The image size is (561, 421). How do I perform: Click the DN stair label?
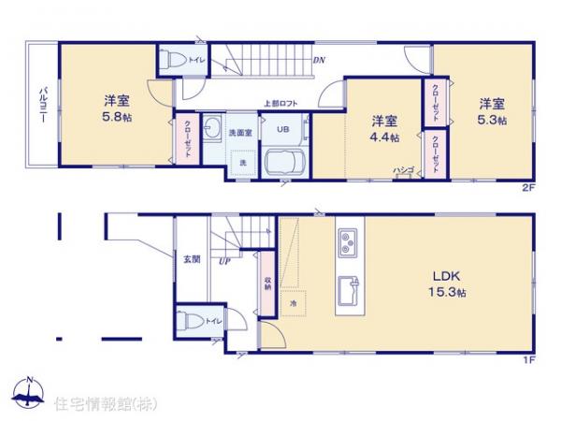[319, 62]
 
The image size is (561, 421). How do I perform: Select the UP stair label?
[224, 261]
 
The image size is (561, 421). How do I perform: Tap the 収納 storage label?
[266, 282]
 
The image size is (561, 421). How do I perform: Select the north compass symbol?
[29, 394]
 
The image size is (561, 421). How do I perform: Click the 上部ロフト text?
[279, 105]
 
